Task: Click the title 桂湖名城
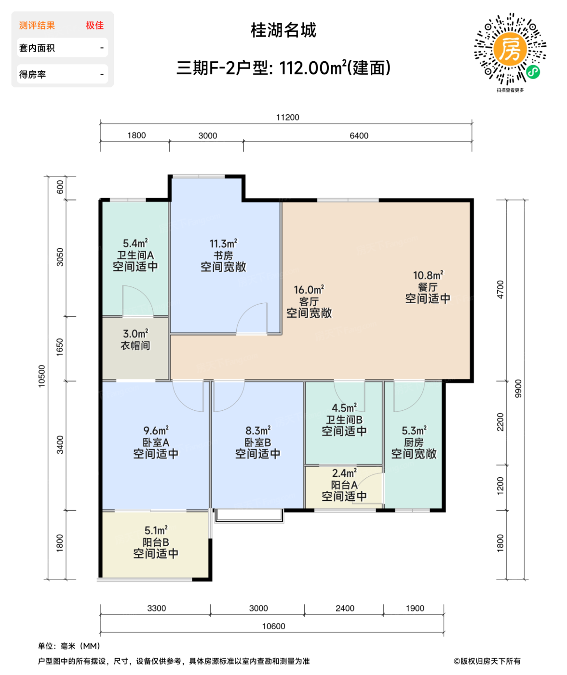[283, 30]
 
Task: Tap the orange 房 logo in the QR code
[510, 48]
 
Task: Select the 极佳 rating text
[94, 26]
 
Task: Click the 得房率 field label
[33, 75]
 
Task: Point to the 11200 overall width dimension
[287, 117]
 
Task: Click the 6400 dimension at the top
[359, 135]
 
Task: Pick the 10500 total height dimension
[42, 376]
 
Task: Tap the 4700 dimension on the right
[500, 289]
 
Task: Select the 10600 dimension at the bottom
[273, 626]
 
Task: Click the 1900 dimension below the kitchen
[415, 608]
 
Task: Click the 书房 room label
[223, 256]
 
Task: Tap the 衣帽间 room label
[135, 346]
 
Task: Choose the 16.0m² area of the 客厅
[309, 290]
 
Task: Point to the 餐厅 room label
[428, 287]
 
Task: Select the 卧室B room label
[257, 442]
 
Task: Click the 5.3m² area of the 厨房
[414, 431]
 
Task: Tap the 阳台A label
[344, 485]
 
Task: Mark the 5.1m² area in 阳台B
[156, 530]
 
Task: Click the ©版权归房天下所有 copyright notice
[487, 661]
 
